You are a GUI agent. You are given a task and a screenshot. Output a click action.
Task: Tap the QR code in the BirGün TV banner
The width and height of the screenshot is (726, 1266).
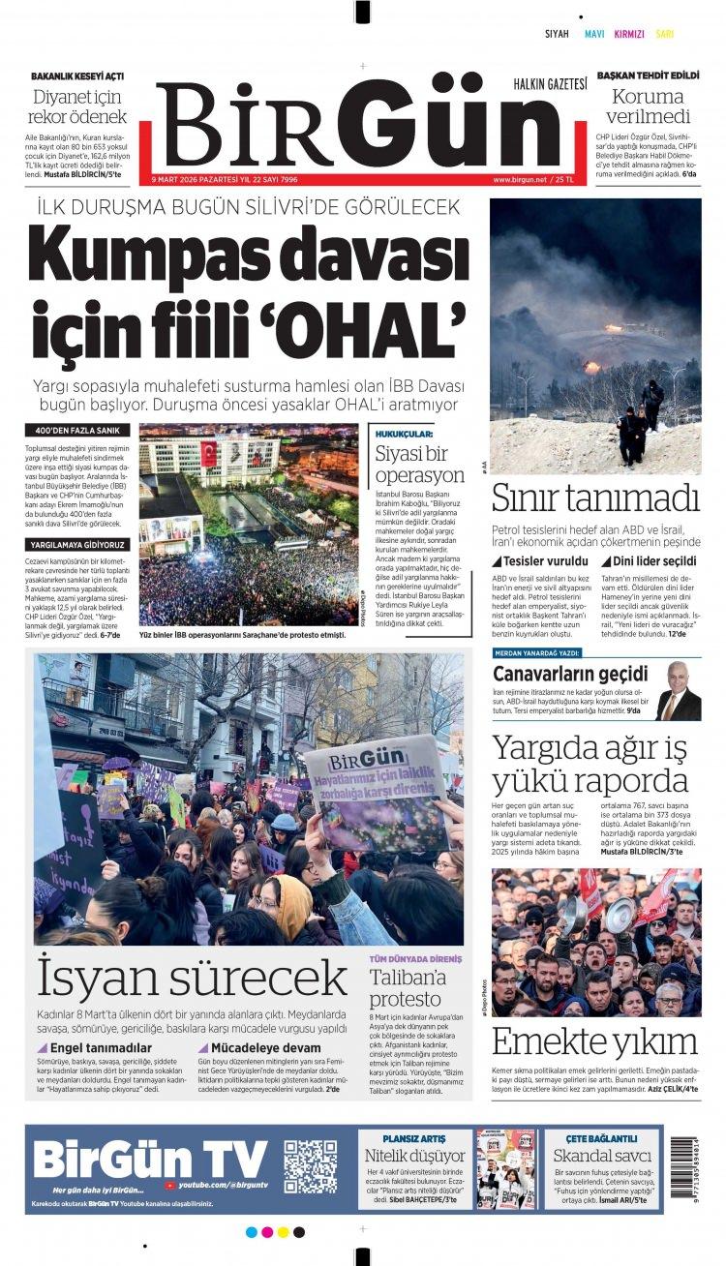[x=310, y=1166]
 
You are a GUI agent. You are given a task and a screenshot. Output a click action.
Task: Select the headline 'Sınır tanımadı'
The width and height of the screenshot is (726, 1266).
[x=594, y=498]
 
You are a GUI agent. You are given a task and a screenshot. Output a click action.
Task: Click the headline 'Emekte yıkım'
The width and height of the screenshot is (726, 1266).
[x=594, y=1041]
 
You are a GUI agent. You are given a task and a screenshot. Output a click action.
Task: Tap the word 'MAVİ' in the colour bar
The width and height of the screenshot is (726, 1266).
[x=594, y=34]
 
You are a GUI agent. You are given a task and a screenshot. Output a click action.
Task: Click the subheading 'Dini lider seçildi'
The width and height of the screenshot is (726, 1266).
[x=654, y=560]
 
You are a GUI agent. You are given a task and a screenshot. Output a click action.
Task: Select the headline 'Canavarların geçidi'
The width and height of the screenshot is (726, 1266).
[x=570, y=674]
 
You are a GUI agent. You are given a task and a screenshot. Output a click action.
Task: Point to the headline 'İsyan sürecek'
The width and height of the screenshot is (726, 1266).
[x=191, y=979]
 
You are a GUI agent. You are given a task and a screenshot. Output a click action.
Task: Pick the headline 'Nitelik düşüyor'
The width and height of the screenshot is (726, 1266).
[x=414, y=1155]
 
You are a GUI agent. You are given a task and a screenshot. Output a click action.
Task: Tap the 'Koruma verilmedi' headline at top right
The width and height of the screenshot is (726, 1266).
[x=648, y=106]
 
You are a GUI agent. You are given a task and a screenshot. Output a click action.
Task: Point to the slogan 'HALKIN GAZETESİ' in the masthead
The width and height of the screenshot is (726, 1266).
[x=550, y=84]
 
